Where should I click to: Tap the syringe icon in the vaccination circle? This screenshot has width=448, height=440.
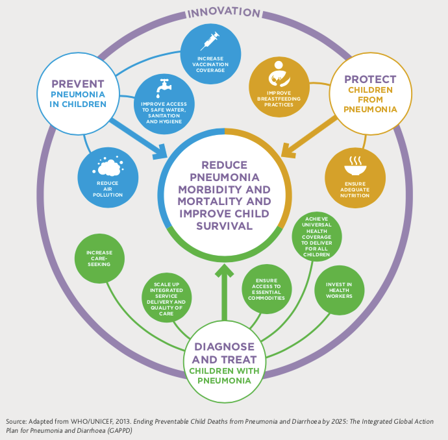[210, 42]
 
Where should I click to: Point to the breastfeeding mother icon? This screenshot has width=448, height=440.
[279, 73]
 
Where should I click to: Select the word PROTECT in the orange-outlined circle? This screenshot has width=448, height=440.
[371, 80]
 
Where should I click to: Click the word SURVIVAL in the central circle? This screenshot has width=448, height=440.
[225, 226]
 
